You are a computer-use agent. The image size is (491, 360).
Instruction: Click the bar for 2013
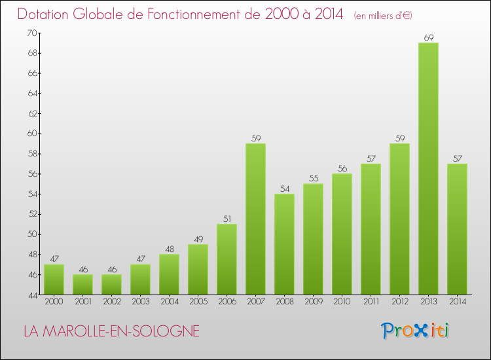point(428,169)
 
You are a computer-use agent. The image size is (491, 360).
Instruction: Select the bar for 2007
point(255,219)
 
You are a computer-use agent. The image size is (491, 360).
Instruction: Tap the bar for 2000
point(54,279)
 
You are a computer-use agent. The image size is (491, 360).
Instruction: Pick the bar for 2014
point(457,229)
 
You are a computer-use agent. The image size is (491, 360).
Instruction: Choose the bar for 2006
point(227,259)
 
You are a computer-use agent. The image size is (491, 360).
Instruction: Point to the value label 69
point(428,38)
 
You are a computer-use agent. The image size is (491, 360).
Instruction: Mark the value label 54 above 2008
point(284,189)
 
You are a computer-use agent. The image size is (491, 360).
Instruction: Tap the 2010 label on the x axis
point(342,302)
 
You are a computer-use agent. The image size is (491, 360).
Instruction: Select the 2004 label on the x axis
point(169,302)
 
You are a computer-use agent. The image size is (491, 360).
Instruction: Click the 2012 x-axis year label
point(399,302)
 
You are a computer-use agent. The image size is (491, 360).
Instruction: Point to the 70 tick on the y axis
point(32,33)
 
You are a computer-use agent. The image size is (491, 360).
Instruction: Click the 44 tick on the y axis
point(32,295)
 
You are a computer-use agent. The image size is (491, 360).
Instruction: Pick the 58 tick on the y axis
point(32,154)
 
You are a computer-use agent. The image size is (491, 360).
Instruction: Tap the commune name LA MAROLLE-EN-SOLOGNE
point(111,331)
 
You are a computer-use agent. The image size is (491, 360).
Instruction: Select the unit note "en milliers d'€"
point(383,16)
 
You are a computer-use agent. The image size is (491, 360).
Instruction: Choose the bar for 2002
point(111,285)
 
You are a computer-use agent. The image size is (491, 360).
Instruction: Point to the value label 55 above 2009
point(313,179)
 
